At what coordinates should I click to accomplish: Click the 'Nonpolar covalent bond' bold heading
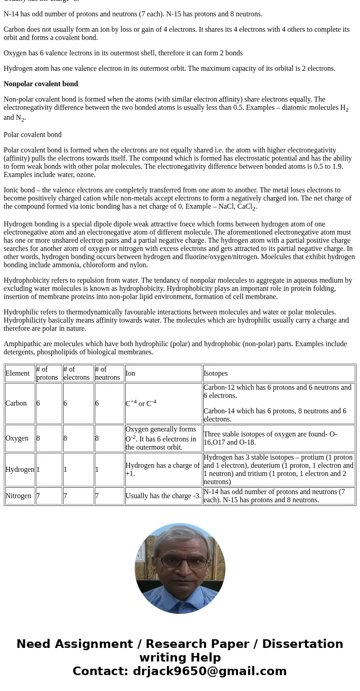point(41,84)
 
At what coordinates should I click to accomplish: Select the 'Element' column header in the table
point(18,373)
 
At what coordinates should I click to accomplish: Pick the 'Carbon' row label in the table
point(16,403)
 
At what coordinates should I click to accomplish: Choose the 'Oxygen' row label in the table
point(17,438)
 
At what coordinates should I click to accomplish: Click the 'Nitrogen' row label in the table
point(19,496)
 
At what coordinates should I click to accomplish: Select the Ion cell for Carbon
point(141,403)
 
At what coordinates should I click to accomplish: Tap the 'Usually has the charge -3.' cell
point(163,496)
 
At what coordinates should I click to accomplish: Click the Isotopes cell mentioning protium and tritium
point(278,470)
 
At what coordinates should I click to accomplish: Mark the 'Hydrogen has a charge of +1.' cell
point(162,470)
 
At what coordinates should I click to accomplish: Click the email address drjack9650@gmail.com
point(209,671)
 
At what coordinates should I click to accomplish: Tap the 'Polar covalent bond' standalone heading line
point(33,135)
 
